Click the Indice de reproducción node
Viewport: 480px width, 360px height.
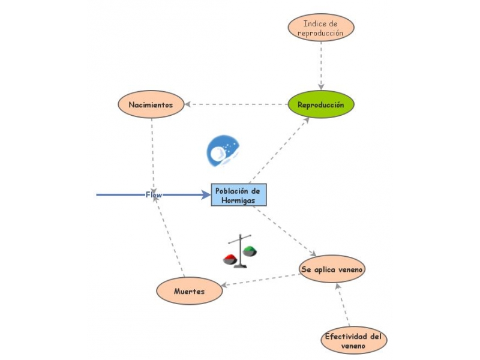(x=320, y=28)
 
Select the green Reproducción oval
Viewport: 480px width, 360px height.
(x=321, y=104)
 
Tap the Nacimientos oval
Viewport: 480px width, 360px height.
(x=151, y=104)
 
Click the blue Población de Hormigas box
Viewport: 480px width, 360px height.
(x=238, y=195)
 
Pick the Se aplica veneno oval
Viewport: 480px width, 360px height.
(x=332, y=269)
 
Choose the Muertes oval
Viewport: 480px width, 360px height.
(x=189, y=291)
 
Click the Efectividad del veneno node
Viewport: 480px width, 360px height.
(x=353, y=341)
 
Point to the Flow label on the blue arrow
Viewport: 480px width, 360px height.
(x=154, y=194)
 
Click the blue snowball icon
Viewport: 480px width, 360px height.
(x=223, y=151)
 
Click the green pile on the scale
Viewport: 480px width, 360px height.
(x=249, y=250)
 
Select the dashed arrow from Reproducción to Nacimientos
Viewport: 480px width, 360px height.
(x=240, y=104)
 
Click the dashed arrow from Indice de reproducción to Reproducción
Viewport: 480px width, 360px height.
(x=321, y=66)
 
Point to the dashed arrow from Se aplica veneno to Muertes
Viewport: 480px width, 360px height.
(x=261, y=280)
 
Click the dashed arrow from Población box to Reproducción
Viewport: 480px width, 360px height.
(x=279, y=150)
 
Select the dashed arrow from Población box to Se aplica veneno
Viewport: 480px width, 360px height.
(x=285, y=232)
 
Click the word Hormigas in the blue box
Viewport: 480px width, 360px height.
(x=238, y=200)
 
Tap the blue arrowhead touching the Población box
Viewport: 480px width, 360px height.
(x=205, y=194)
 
